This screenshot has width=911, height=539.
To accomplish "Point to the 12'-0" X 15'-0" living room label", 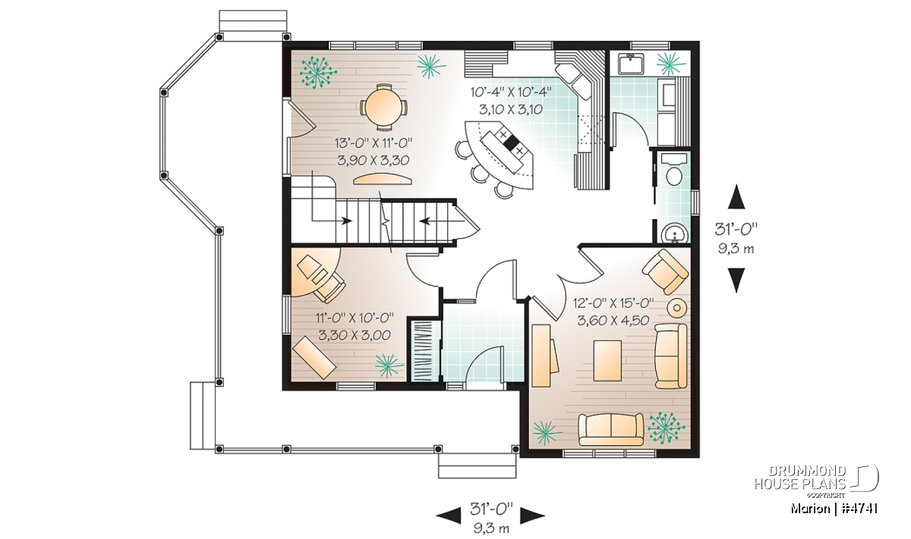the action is point(613,303).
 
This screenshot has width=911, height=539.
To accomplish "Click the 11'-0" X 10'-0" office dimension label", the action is point(355,317).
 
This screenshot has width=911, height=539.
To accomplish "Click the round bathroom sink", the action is point(675,233).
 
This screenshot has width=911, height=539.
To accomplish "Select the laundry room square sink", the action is point(630,65).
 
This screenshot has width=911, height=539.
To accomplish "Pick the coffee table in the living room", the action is point(607,361).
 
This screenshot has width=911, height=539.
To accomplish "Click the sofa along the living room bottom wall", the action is point(611,429).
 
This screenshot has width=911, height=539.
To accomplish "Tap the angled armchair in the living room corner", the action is point(665,271).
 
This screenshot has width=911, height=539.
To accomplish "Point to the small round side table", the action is point(677,308).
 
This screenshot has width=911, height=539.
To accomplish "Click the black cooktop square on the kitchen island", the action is point(511,143).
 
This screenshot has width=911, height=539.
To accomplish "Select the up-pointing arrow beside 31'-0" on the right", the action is point(736,197).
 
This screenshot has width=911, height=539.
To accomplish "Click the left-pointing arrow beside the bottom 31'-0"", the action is point(449,515).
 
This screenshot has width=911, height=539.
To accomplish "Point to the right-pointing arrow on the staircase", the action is point(346,221).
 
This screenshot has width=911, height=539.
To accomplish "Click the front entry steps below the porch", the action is point(477,466).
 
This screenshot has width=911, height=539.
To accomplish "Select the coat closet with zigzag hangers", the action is point(424,351).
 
